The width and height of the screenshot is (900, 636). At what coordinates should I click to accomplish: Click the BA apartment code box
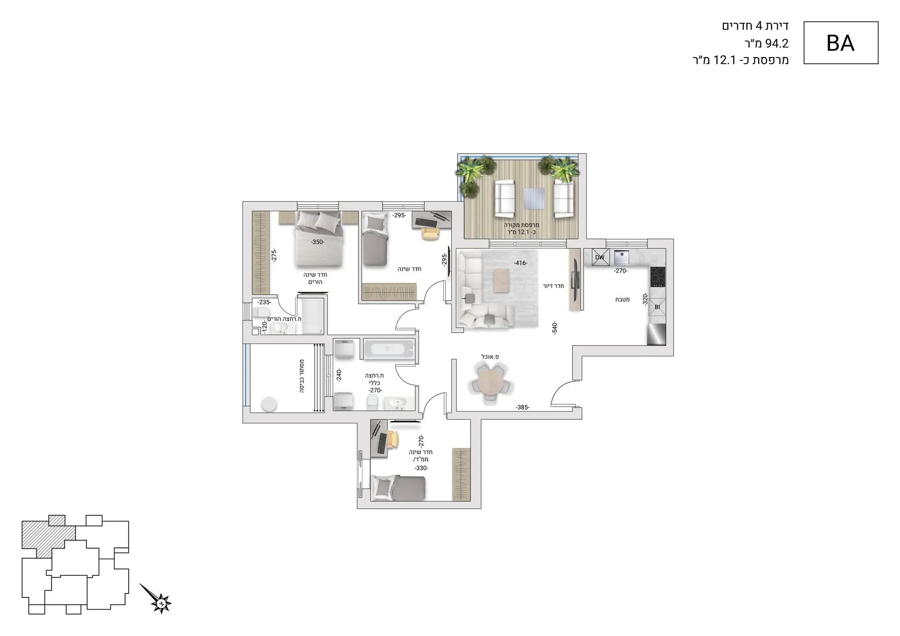[841, 43]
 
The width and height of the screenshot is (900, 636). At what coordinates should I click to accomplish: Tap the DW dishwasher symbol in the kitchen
[600, 257]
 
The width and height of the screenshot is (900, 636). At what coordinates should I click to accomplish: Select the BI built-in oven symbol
[657, 307]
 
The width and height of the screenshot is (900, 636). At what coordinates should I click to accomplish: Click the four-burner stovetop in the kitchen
[658, 276]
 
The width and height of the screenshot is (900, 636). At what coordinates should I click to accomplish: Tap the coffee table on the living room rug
[502, 280]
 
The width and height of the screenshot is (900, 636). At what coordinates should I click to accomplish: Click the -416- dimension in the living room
[520, 263]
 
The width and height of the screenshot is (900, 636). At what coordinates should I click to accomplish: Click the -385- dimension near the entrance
[523, 407]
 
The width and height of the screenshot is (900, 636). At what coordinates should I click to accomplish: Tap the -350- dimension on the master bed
[317, 242]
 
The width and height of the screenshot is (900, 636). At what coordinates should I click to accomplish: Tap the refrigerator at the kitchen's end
[657, 335]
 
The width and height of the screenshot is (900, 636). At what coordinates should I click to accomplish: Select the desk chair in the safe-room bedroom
[393, 438]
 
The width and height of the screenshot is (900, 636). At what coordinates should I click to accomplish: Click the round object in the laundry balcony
[269, 404]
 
